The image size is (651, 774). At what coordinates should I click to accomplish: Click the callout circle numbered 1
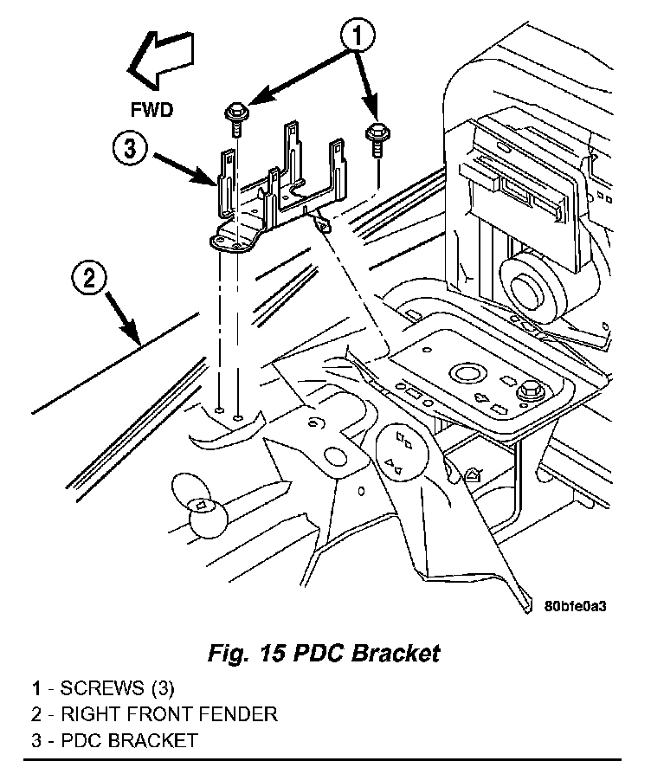(x=358, y=35)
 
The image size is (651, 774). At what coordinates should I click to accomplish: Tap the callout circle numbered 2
(x=89, y=278)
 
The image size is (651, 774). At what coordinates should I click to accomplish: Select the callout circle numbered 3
(x=129, y=147)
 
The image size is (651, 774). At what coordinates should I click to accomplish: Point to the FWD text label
(x=152, y=110)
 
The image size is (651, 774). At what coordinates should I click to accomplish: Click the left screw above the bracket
(x=236, y=119)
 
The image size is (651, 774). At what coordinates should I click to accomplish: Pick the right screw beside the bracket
(x=377, y=139)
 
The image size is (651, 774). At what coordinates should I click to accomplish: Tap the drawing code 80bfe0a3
(x=575, y=605)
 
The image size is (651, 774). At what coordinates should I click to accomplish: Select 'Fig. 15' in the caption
(x=247, y=653)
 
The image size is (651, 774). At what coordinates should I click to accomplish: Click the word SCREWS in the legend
(x=102, y=687)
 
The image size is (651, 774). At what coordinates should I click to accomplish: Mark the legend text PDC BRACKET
(x=129, y=740)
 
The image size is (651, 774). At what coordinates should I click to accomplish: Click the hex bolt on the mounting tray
(x=530, y=392)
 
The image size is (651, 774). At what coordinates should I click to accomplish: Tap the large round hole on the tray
(x=466, y=372)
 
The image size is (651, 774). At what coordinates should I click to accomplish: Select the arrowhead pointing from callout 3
(x=206, y=177)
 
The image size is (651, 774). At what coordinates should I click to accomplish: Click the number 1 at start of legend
(x=36, y=687)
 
